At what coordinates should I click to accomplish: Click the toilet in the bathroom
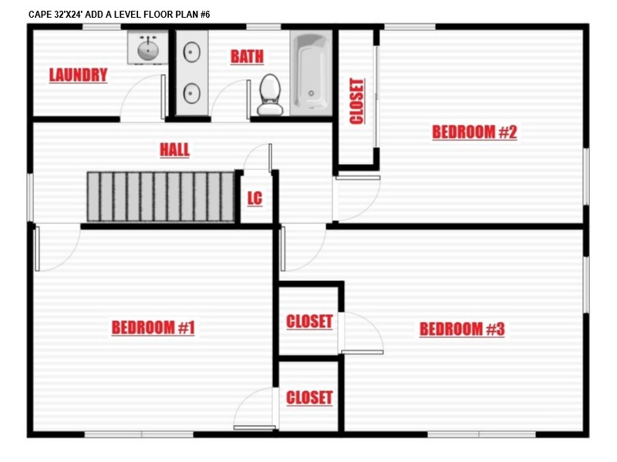tap(270, 95)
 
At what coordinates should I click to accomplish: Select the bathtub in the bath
tap(312, 73)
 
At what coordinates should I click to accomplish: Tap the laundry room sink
tap(148, 48)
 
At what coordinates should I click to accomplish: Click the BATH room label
tap(247, 56)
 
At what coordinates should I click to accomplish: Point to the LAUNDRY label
tap(79, 75)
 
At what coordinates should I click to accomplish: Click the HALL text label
tap(175, 149)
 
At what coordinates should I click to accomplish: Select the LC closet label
tap(255, 199)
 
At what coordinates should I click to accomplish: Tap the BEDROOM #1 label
tap(153, 328)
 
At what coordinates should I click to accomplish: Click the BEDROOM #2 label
tap(474, 132)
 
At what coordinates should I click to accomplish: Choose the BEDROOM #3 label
tap(462, 330)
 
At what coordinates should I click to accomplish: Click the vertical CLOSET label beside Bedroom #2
tap(357, 102)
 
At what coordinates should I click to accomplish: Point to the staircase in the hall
tap(160, 197)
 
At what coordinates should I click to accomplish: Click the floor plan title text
tap(120, 15)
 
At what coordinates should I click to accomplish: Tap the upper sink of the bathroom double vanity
tap(191, 52)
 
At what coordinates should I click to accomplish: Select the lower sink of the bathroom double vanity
tap(191, 93)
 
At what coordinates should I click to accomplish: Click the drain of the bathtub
tap(312, 93)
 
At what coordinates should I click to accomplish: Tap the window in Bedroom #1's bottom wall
tap(139, 434)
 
